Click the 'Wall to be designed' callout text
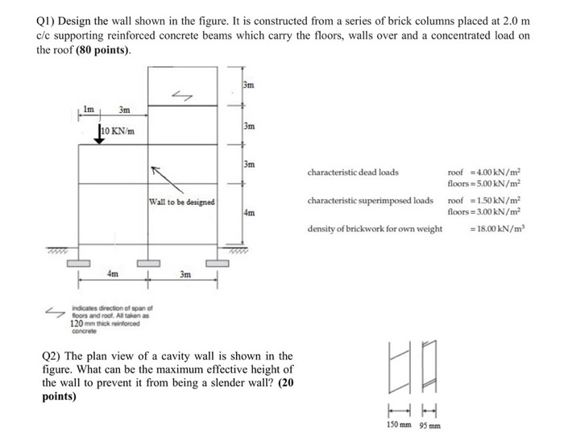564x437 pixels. click(x=181, y=202)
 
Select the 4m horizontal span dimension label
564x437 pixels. click(x=113, y=274)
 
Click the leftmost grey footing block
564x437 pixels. click(x=77, y=264)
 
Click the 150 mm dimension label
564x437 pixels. click(x=397, y=426)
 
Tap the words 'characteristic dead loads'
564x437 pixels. click(x=352, y=172)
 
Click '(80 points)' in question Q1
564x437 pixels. click(x=103, y=50)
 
